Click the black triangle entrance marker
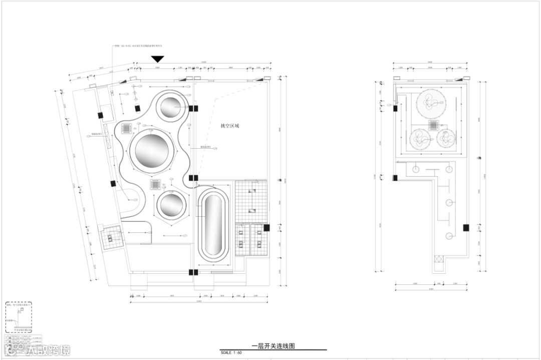point(158,59)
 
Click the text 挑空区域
point(230,126)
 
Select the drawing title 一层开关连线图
point(273,345)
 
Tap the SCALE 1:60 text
point(231,352)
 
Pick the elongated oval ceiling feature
point(214,227)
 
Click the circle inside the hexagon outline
point(171,205)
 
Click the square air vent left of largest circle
point(127,128)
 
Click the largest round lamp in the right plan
point(431,103)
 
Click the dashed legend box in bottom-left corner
point(19,317)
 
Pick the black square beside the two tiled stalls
point(266,228)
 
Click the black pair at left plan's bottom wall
point(193,272)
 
